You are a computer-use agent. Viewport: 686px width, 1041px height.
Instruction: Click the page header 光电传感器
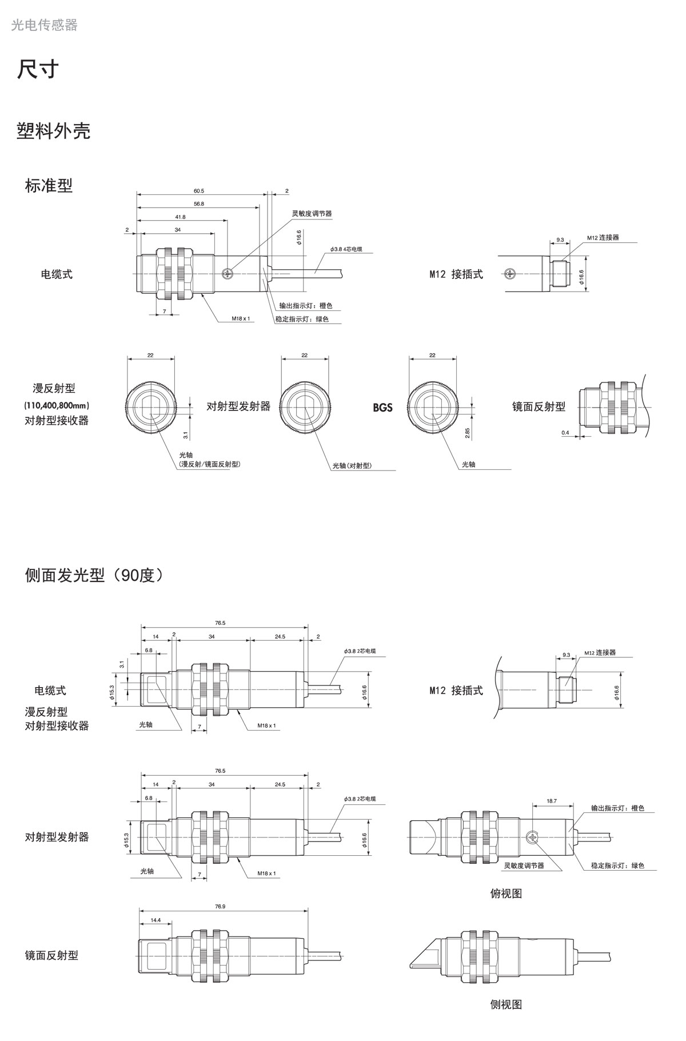(x=44, y=25)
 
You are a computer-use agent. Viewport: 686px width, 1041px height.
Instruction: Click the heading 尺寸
(x=38, y=69)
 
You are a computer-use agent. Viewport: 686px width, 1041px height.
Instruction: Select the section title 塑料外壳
(x=53, y=131)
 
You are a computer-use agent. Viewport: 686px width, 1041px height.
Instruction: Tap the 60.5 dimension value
(x=198, y=190)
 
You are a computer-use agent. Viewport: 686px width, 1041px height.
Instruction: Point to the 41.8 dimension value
(x=180, y=217)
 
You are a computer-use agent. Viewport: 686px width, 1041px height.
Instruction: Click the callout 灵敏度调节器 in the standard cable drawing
(x=312, y=213)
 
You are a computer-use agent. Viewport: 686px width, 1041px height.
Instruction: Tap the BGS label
(x=382, y=408)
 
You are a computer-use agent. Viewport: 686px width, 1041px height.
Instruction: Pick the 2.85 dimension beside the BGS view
(x=468, y=433)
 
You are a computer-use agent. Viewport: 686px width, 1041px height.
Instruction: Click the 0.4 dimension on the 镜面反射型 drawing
(x=565, y=433)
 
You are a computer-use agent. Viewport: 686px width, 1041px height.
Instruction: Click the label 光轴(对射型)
(x=352, y=465)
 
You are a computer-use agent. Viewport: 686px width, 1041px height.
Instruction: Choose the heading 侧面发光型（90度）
(x=94, y=575)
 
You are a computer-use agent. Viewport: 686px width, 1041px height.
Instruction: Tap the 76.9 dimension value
(x=220, y=907)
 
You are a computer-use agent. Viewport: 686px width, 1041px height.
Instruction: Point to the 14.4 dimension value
(x=155, y=920)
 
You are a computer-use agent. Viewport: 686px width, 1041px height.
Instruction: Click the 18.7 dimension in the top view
(x=551, y=801)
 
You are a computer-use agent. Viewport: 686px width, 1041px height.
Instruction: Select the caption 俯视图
(x=506, y=893)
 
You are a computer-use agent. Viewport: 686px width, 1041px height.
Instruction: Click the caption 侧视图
(x=506, y=1004)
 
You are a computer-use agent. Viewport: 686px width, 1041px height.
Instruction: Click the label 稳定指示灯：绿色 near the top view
(x=617, y=865)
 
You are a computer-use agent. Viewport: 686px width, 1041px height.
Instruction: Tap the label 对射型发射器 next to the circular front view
(x=238, y=406)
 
